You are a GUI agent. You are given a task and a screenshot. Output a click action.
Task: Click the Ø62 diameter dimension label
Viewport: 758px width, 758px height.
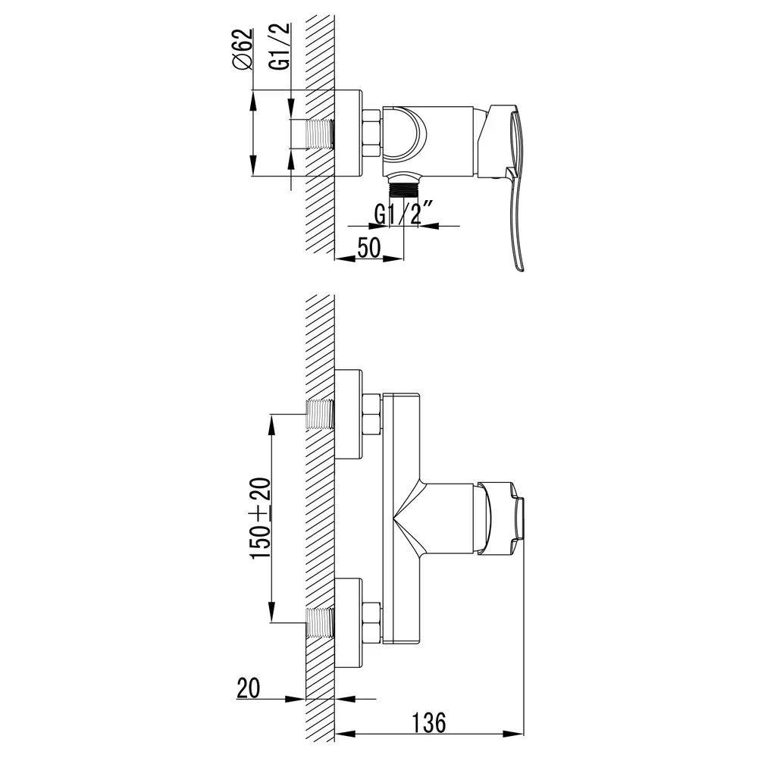click(243, 50)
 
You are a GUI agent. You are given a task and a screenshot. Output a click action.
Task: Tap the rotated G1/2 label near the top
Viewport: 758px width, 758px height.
click(280, 47)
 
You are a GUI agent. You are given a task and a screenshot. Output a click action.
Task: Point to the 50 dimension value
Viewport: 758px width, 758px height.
click(369, 248)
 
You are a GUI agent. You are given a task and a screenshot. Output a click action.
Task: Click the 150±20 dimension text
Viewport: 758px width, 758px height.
click(261, 518)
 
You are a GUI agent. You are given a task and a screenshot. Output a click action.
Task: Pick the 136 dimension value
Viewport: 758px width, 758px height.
click(429, 722)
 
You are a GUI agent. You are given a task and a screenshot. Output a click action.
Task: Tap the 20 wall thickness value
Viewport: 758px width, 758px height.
click(249, 688)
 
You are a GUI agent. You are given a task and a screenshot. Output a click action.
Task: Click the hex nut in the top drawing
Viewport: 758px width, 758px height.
click(371, 133)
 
